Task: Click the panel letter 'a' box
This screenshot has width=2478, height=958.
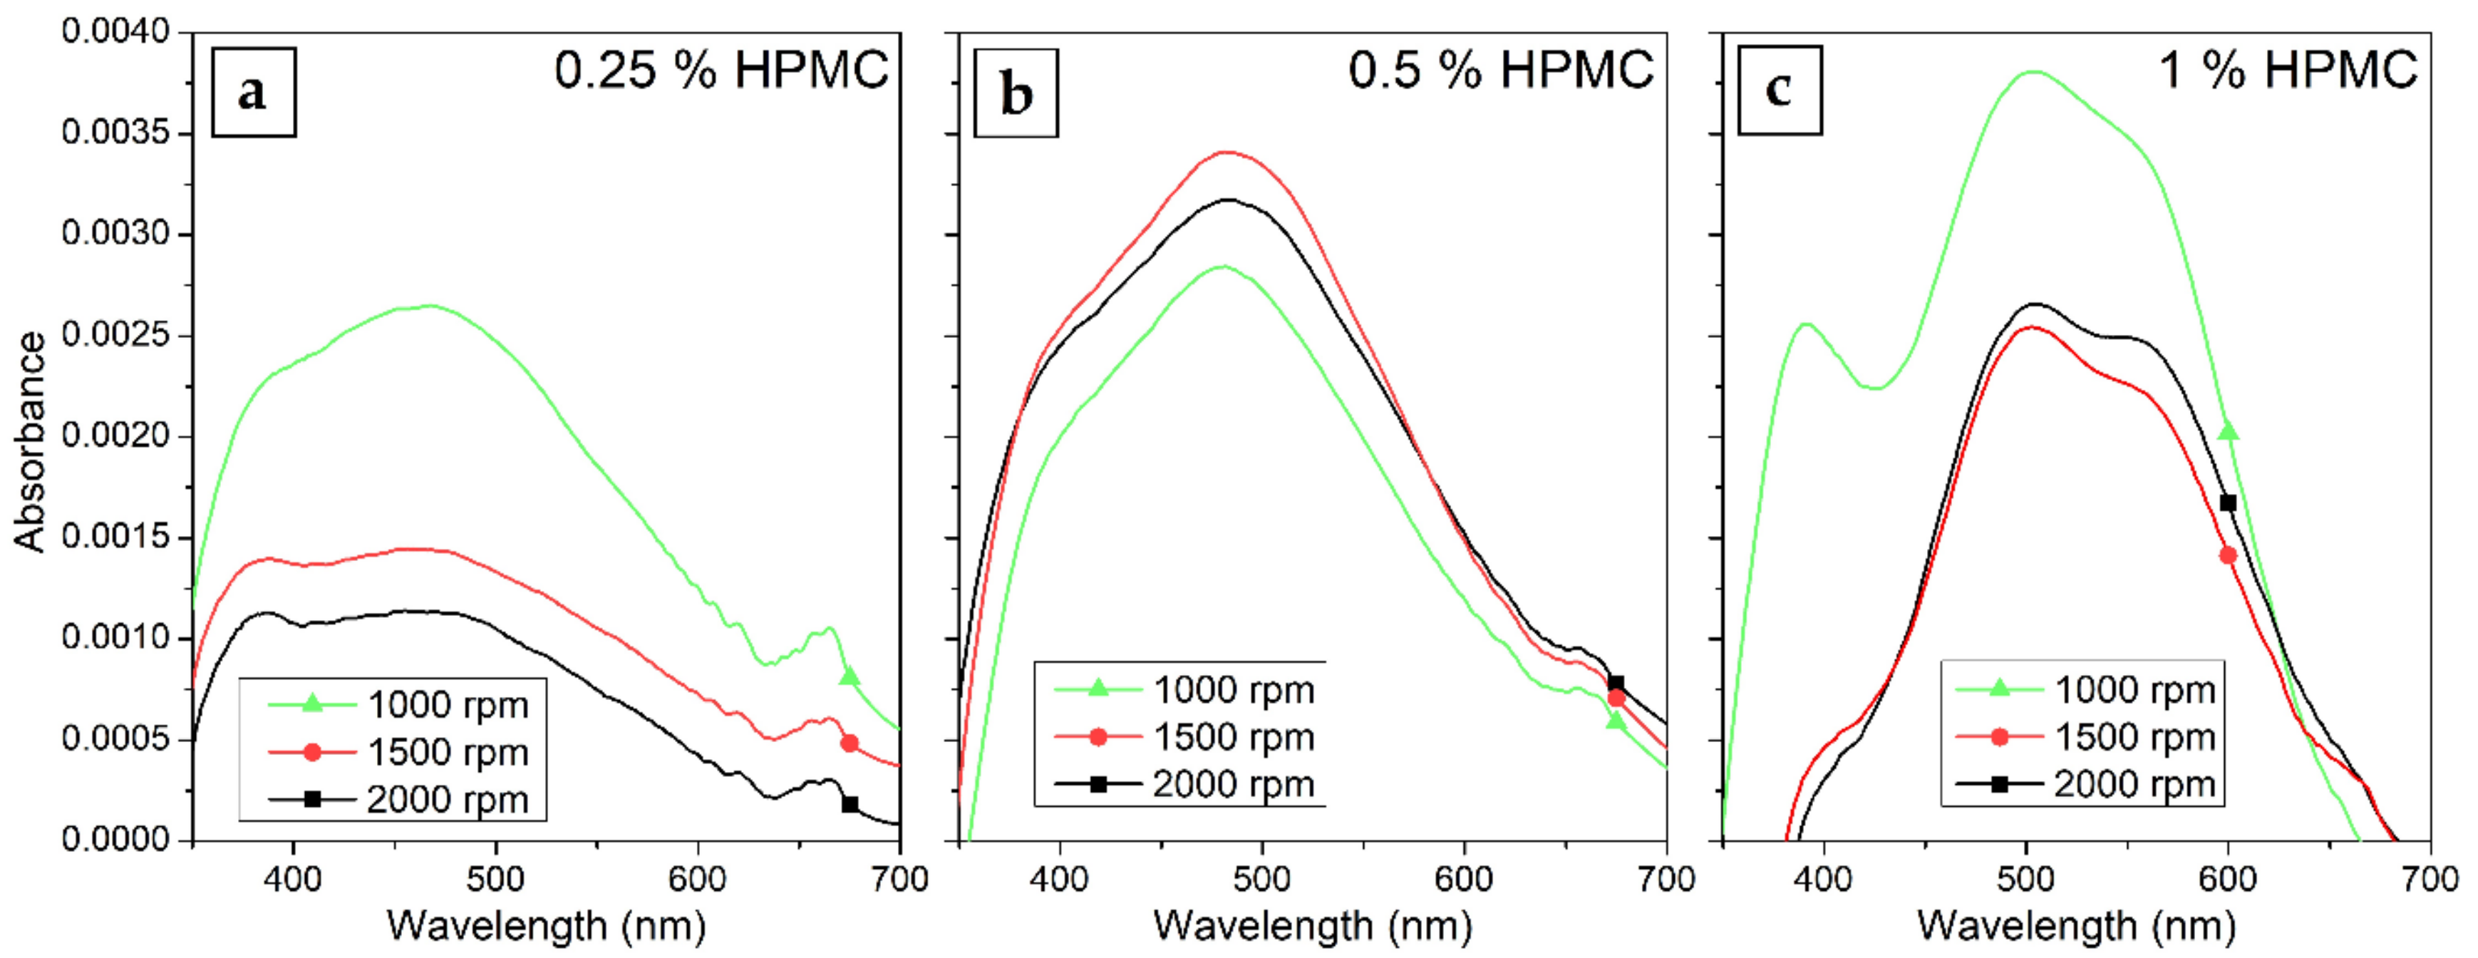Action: pyautogui.click(x=253, y=93)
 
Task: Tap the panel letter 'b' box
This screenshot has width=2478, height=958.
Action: pyautogui.click(x=1016, y=93)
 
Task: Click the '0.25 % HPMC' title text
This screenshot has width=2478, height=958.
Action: pyautogui.click(x=721, y=71)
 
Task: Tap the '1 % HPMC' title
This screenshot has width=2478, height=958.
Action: pyautogui.click(x=2288, y=71)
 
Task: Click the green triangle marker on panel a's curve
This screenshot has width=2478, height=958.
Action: pyautogui.click(x=848, y=677)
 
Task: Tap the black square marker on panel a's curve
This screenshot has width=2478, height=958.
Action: pyautogui.click(x=850, y=804)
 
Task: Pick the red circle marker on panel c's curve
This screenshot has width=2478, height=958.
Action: pyautogui.click(x=2228, y=555)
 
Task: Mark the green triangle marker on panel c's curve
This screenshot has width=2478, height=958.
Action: pyautogui.click(x=2228, y=432)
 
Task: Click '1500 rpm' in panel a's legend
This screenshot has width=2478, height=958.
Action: pyautogui.click(x=448, y=752)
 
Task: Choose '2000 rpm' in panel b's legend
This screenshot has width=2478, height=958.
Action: pyautogui.click(x=1233, y=785)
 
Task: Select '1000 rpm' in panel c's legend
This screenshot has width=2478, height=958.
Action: pyautogui.click(x=2134, y=690)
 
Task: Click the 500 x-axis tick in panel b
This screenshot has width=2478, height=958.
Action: pyautogui.click(x=1261, y=878)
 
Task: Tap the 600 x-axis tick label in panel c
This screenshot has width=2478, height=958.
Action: pyautogui.click(x=2228, y=878)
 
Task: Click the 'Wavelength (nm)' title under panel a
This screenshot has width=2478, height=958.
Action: pyautogui.click(x=547, y=925)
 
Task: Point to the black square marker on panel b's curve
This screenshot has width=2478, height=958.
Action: pyautogui.click(x=1616, y=684)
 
